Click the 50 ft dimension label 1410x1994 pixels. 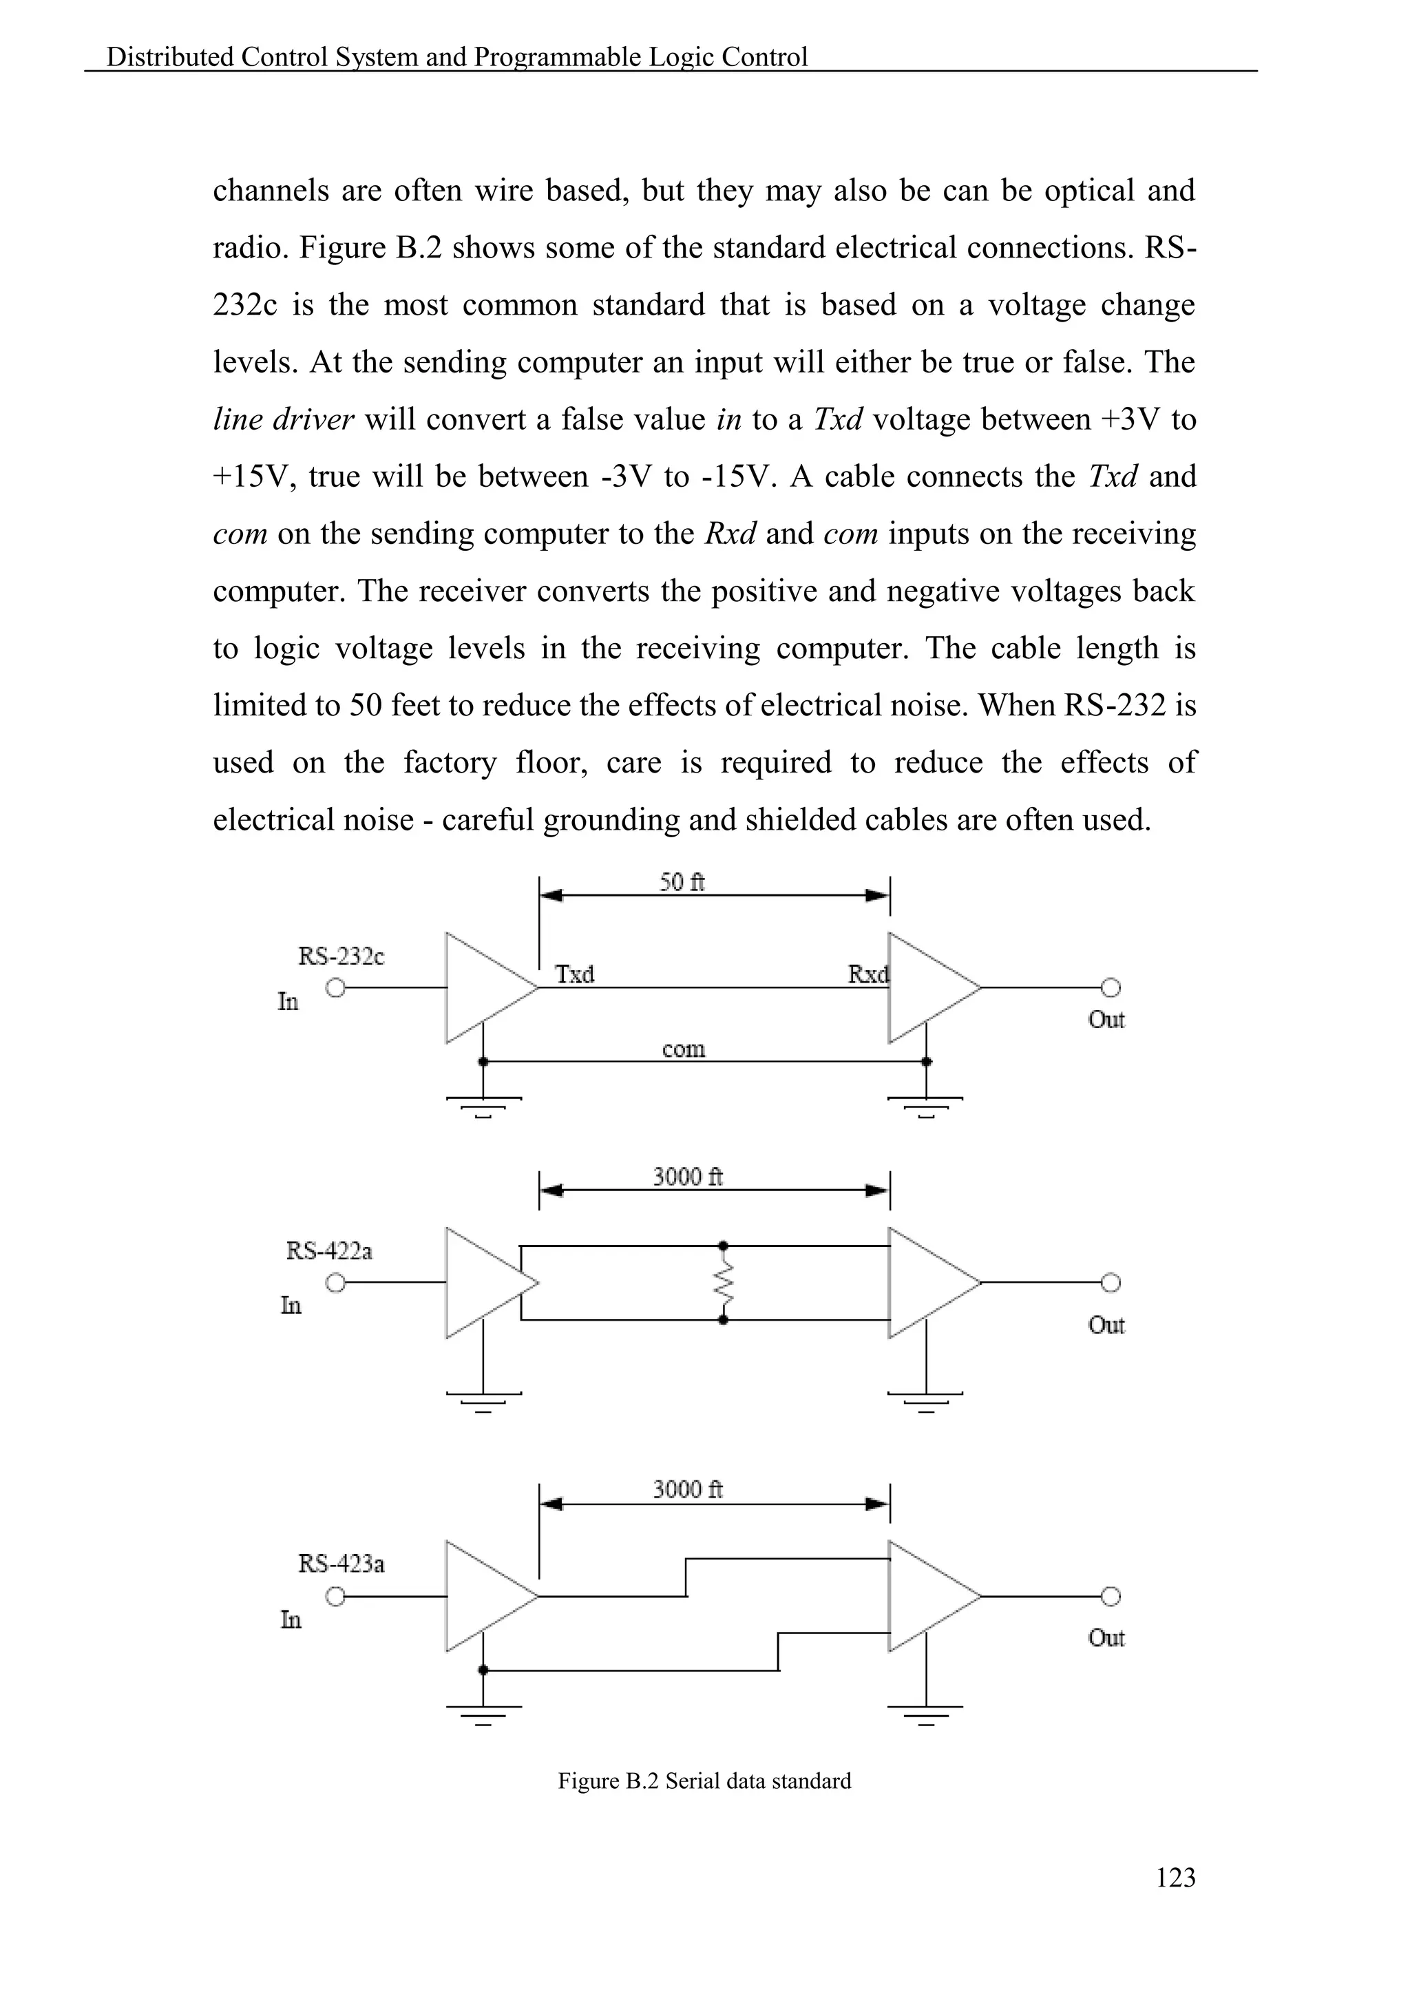pos(682,883)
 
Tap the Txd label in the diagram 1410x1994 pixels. pos(575,974)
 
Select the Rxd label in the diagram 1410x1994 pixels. pos(867,974)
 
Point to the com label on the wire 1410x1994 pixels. pos(683,1049)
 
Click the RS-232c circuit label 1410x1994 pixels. pos(341,956)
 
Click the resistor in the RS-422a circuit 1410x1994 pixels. pos(723,1282)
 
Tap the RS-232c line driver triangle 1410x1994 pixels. pos(483,987)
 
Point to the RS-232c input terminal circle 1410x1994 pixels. pos(336,987)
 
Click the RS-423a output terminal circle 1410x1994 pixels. pos(1111,1595)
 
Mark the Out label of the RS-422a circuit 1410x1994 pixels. pos(1106,1325)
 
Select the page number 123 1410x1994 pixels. pos(1176,1878)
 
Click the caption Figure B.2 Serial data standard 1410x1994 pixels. pos(704,1781)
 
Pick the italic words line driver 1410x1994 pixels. pos(283,419)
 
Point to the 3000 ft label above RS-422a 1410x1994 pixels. pos(688,1177)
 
